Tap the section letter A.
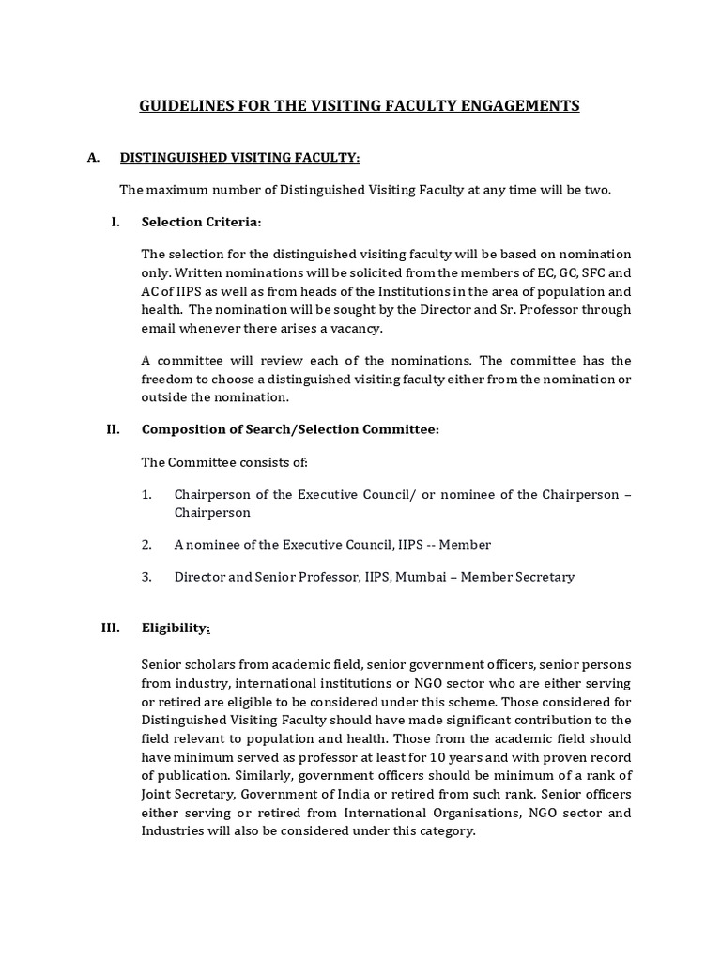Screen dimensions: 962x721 tap(93, 157)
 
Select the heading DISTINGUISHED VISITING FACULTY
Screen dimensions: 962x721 tap(239, 157)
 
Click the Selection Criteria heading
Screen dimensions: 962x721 tap(201, 222)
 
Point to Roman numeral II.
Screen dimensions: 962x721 tap(113, 429)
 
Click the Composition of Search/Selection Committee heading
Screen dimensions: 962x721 tap(290, 429)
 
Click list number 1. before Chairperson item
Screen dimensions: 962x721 tap(146, 494)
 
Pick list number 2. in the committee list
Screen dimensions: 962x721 tap(146, 544)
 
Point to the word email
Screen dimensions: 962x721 tap(158, 328)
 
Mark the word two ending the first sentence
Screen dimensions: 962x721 tap(597, 190)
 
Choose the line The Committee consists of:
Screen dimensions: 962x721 tap(224, 462)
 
